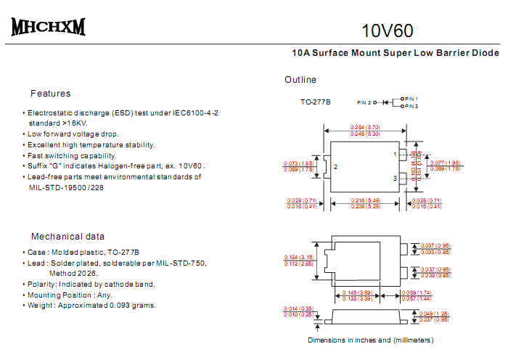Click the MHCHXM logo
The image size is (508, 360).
coord(48,28)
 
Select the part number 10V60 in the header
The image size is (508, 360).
coord(388,30)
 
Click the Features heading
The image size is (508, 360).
coord(51,94)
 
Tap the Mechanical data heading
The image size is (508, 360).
coord(67,237)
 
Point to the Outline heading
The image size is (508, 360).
coord(300,80)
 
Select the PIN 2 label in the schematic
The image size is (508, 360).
coord(364,103)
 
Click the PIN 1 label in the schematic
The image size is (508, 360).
coord(411,98)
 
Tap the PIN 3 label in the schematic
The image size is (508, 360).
coord(411,107)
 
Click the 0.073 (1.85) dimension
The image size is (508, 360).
coord(298,163)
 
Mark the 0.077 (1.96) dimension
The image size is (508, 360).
coord(445,163)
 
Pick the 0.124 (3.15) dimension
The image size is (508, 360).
coord(298,257)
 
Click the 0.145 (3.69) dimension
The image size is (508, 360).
coord(356,292)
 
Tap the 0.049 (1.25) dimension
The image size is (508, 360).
coord(435,314)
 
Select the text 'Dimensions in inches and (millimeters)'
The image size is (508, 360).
coord(370,340)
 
